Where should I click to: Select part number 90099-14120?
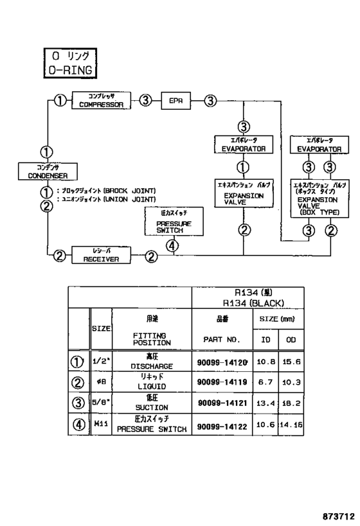coord(221,363)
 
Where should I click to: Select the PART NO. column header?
coord(221,338)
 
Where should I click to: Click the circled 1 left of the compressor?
coord(59,100)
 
